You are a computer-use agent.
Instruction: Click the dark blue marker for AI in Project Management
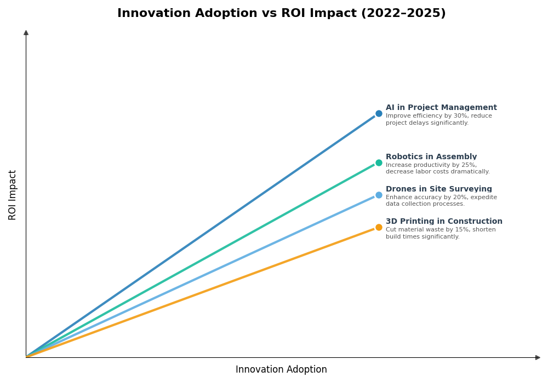coord(379,114)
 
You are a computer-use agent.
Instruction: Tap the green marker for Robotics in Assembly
coord(379,163)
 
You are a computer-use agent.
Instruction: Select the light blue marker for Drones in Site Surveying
coord(379,195)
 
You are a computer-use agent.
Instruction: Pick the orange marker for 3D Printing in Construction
coord(379,227)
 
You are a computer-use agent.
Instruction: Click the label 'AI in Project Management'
coord(441,108)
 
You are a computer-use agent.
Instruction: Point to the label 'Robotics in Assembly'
coord(431,157)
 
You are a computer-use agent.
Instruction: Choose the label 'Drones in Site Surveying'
coord(438,189)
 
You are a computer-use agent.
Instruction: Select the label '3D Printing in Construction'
coord(444,222)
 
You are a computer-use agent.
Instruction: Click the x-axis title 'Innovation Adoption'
coord(281,370)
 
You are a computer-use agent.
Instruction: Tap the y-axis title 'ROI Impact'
coord(13,195)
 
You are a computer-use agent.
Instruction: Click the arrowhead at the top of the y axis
coord(26,33)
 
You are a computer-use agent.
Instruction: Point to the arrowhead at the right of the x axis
coord(538,357)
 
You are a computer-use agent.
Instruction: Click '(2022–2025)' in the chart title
coord(403,14)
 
